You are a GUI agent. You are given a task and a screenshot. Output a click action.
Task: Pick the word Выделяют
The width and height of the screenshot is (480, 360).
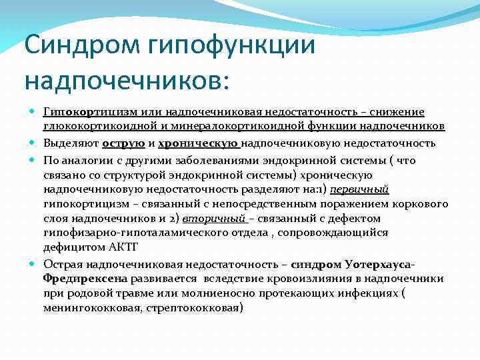(x=71, y=143)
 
